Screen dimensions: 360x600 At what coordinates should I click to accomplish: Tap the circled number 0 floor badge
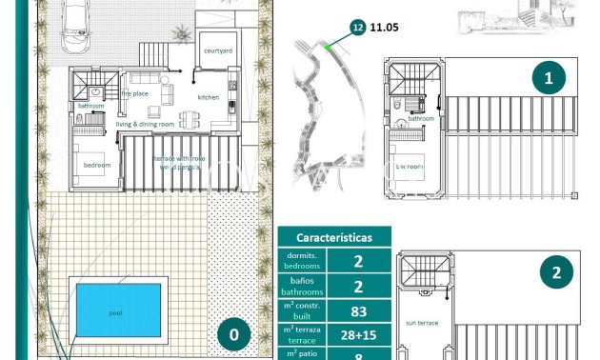(x=234, y=334)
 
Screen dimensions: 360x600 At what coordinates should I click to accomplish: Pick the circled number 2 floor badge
(x=556, y=274)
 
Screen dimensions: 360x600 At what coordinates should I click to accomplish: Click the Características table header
(x=333, y=237)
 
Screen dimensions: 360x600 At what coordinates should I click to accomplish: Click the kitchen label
(x=209, y=97)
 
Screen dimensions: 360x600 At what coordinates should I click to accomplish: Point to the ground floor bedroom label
(x=96, y=165)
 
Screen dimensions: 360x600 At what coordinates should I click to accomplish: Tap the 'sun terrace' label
(x=421, y=323)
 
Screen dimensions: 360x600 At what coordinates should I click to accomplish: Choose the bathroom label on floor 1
(x=422, y=119)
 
